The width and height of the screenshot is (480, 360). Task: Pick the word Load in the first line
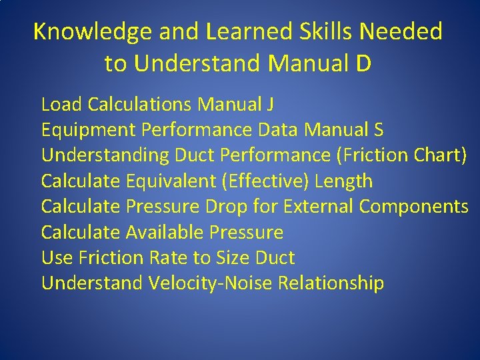[x=61, y=104]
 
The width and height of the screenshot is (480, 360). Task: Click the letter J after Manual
[x=270, y=104]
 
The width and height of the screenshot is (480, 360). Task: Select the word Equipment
[x=85, y=129]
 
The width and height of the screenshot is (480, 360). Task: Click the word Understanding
[x=105, y=155]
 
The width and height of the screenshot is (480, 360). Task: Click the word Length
[x=343, y=181]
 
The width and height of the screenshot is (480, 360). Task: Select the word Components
[x=414, y=207]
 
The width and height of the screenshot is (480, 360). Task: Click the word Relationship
[x=331, y=283]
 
